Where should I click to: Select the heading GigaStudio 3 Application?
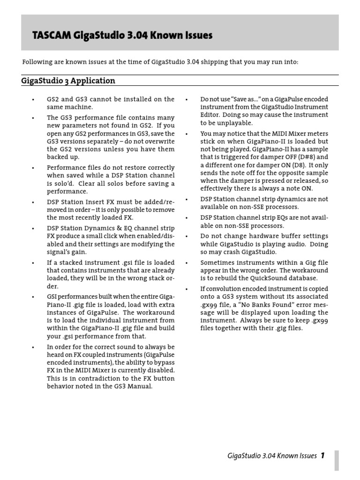pyautogui.click(x=68, y=81)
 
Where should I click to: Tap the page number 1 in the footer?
pyautogui.click(x=323, y=455)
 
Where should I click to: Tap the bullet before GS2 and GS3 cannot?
pyautogui.click(x=33, y=100)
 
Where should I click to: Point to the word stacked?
pyautogui.click(x=71, y=262)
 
